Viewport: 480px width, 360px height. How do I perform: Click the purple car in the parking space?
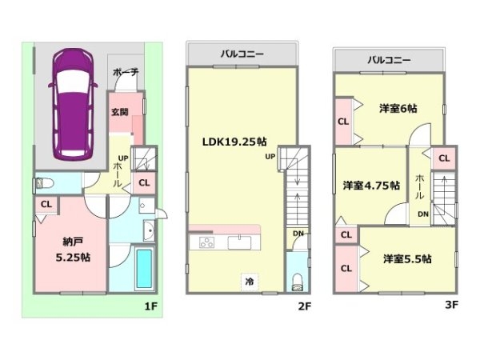pos(73,104)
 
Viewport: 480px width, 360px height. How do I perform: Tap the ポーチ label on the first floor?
pos(126,72)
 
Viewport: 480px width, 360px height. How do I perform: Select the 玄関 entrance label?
pos(119,112)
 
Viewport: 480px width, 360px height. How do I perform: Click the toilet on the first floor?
pos(45,183)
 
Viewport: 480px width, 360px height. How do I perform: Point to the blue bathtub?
pos(144,268)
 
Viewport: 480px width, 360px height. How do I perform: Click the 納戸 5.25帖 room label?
pos(73,250)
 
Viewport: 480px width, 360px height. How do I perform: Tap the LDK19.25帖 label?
pos(234,142)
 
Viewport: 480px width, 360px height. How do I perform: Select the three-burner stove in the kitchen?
pos(206,242)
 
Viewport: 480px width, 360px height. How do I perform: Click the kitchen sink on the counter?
pos(239,242)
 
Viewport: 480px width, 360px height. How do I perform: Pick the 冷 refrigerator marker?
pos(250,282)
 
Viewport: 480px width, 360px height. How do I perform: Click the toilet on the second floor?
pos(297,282)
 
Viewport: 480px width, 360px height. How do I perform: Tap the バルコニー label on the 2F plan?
pos(242,54)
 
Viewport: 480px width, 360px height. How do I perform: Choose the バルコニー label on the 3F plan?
pos(389,60)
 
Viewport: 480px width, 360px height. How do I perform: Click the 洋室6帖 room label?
pos(398,108)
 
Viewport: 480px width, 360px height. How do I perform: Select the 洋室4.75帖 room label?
pos(371,186)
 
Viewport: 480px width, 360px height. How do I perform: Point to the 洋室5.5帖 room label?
pos(407,259)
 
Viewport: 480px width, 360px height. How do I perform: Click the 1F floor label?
pos(151,306)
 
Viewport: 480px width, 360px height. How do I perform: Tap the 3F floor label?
pos(451,305)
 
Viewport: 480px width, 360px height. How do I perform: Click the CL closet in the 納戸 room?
pos(46,204)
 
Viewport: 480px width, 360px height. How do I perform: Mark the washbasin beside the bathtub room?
pos(149,230)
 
